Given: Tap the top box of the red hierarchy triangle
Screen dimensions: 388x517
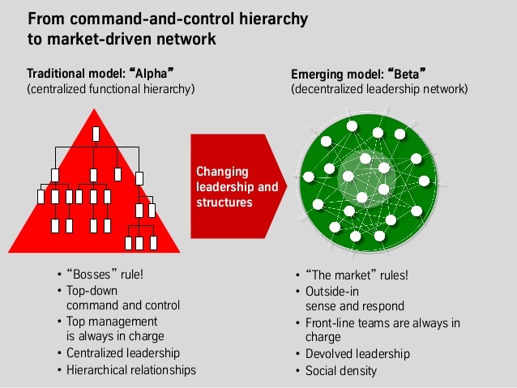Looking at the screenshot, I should point(96,134).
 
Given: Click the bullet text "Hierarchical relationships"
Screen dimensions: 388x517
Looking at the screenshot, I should point(130,370).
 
